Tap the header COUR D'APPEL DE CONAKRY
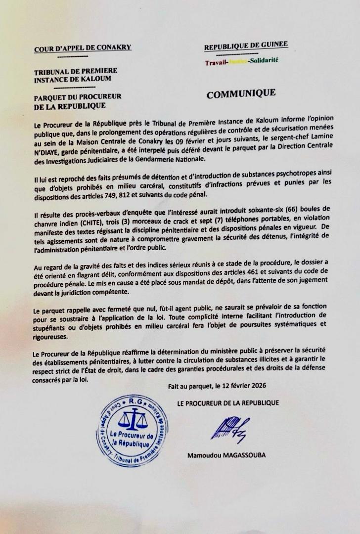[83, 48]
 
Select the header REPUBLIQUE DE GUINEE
[246, 45]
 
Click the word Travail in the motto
[215, 63]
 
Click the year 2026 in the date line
[262, 385]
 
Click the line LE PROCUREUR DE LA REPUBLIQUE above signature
[227, 403]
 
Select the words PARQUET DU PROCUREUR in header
[78, 97]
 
